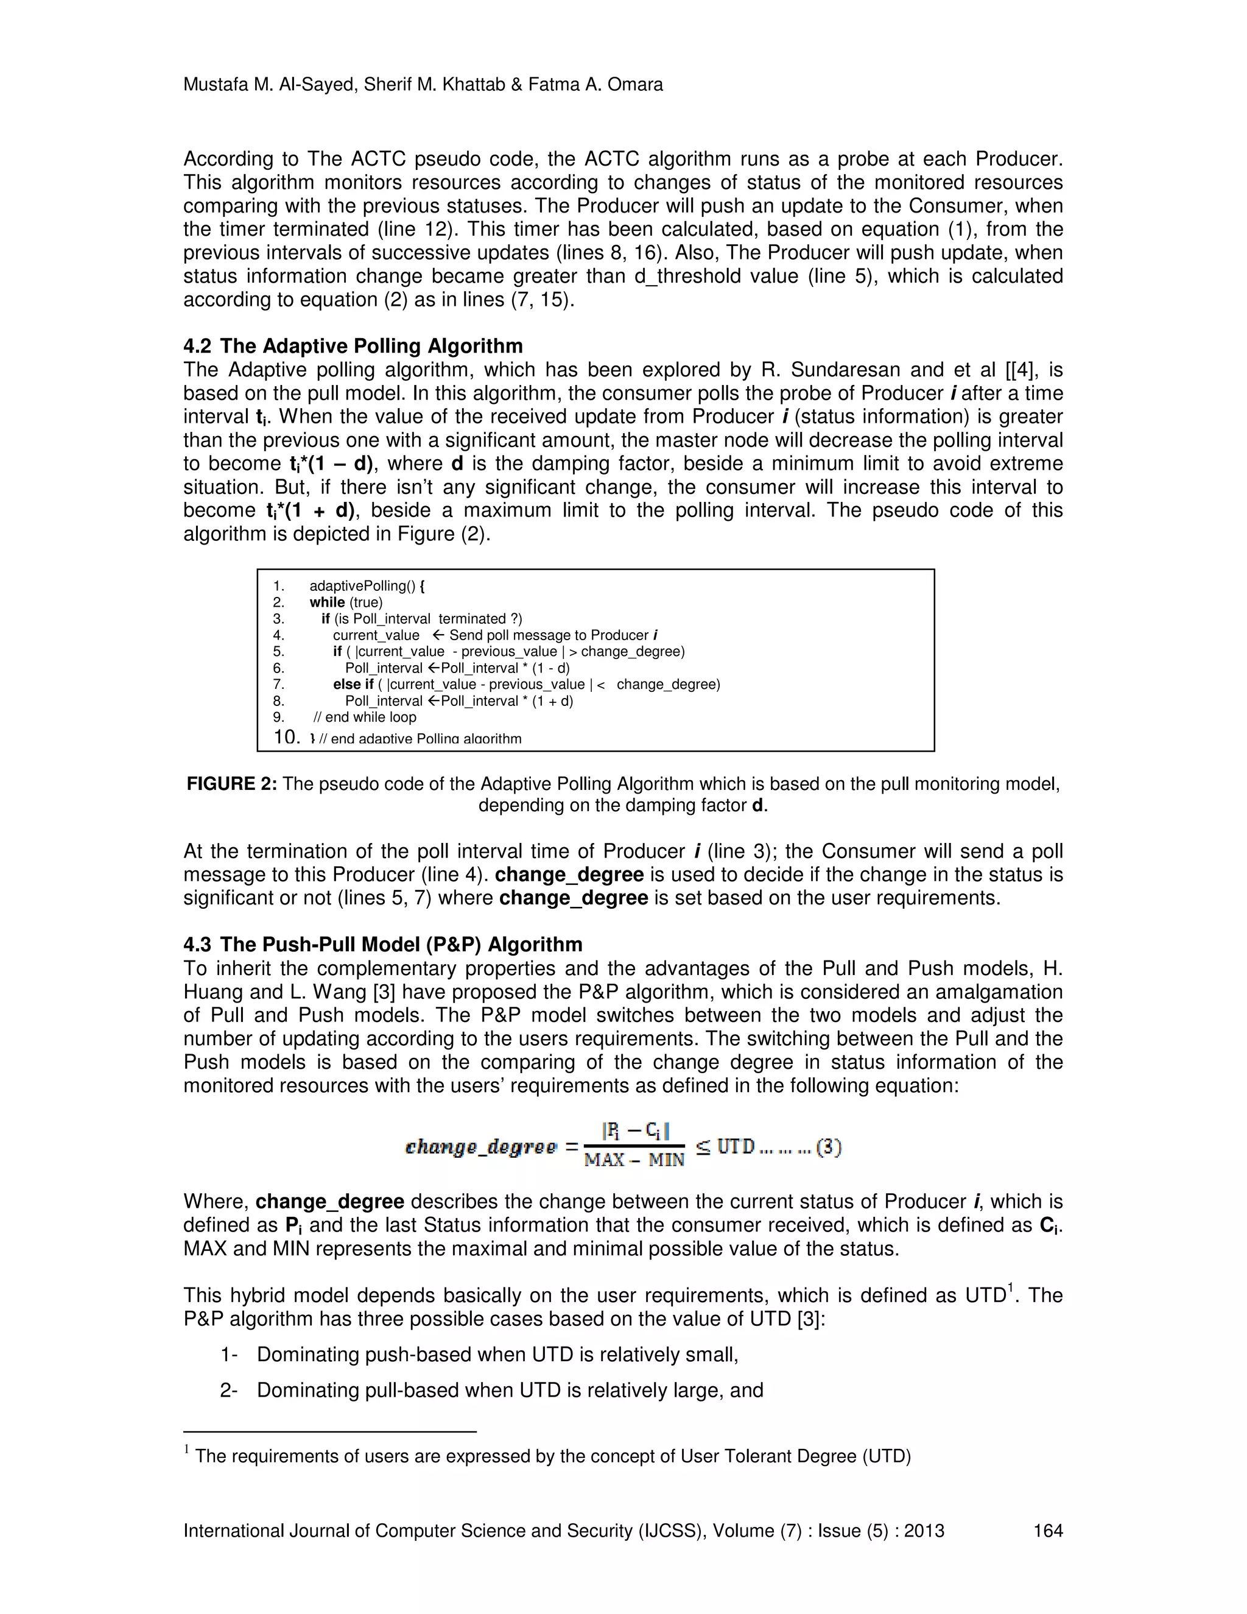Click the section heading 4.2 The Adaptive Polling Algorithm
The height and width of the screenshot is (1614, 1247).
click(x=353, y=346)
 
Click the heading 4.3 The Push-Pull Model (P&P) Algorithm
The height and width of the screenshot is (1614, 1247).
click(x=382, y=945)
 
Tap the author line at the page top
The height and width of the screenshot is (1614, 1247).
click(x=423, y=85)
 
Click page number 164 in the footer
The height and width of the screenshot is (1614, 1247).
click(x=1047, y=1531)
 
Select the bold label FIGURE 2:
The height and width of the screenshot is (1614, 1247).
click(x=231, y=784)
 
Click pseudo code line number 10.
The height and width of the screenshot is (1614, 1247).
click(x=287, y=737)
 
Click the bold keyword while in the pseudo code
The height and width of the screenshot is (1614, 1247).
click(x=326, y=602)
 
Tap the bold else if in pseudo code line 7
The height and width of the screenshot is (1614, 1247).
click(x=353, y=685)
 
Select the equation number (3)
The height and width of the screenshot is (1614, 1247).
click(x=828, y=1147)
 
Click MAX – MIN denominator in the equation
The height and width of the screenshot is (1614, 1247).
click(x=634, y=1160)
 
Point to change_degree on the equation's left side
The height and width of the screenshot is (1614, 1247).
click(x=480, y=1147)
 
